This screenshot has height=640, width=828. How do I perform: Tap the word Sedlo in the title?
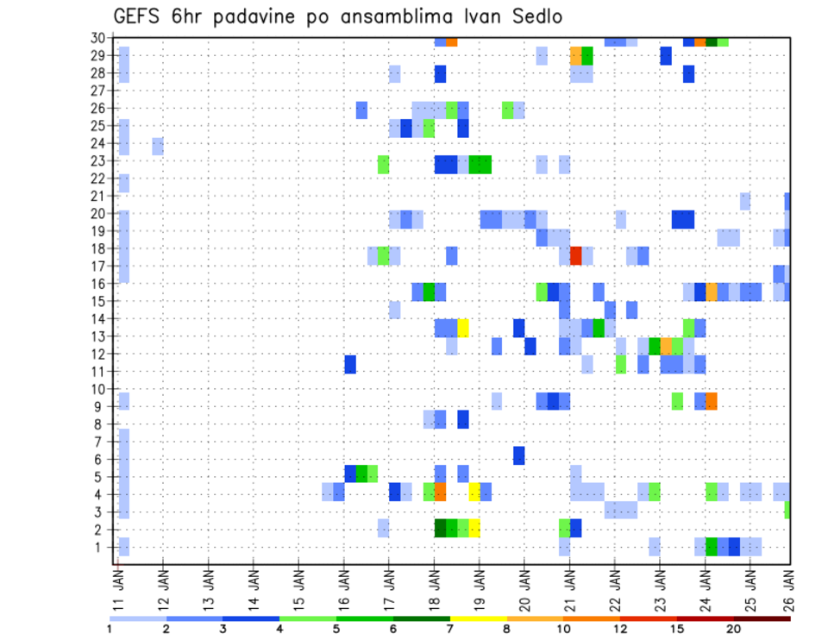tap(539, 16)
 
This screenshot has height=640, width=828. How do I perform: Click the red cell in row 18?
tap(575, 255)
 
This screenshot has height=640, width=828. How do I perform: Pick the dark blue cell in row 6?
tap(519, 455)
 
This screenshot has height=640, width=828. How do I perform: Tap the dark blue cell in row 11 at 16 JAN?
tap(350, 364)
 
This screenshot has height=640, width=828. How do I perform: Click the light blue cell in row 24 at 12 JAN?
tap(158, 146)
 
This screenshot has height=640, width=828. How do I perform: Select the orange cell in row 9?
tap(711, 401)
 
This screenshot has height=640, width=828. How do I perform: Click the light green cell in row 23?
tap(383, 164)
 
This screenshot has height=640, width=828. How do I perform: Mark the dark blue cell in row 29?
tap(666, 55)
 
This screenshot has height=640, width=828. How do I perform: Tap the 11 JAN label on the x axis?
tap(117, 586)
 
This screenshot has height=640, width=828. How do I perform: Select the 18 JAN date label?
tap(434, 586)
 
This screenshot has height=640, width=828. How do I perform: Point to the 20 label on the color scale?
tap(733, 629)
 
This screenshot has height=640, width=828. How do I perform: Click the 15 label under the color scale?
tap(677, 629)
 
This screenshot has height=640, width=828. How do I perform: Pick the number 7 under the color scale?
tap(449, 629)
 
